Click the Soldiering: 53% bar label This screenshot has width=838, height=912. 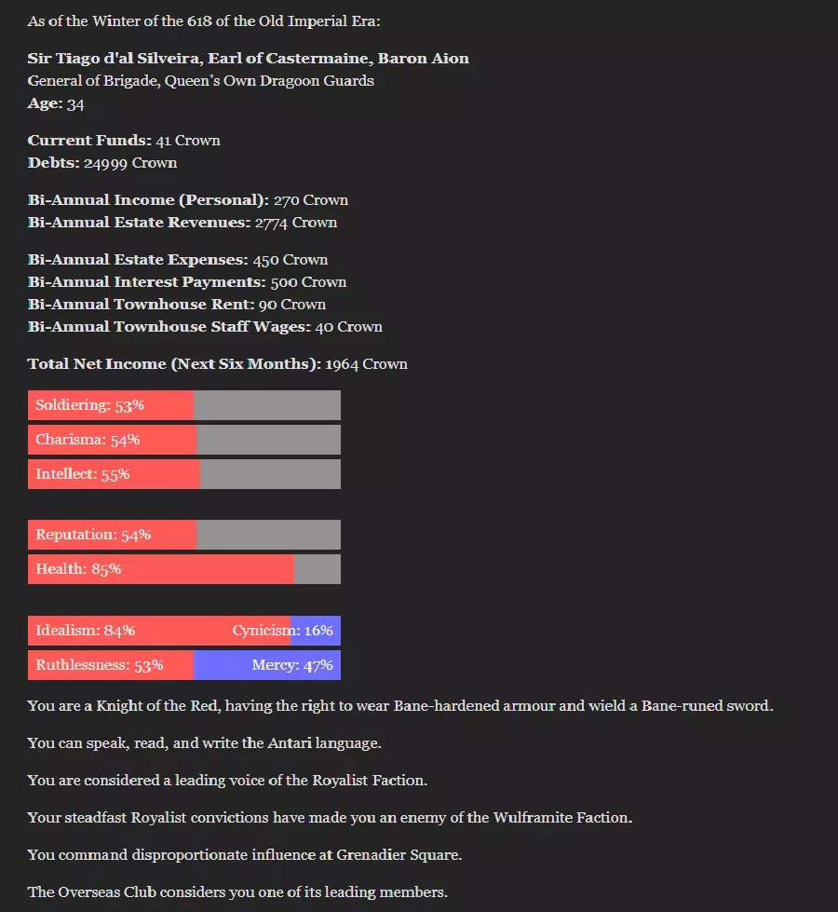(89, 405)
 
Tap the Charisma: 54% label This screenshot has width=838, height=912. (88, 440)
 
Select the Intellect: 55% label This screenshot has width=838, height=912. (83, 474)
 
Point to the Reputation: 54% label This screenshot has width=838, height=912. (93, 535)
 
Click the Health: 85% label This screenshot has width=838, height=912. (78, 569)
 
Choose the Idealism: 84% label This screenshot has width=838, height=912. (86, 631)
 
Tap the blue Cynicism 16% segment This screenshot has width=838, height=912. (316, 631)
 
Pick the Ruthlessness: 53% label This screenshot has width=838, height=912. (100, 665)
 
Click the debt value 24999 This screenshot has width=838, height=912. (105, 163)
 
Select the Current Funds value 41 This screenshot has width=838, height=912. (164, 141)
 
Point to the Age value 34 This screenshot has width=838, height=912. (75, 103)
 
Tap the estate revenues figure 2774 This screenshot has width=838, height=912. (272, 223)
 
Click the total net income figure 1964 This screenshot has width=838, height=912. (342, 364)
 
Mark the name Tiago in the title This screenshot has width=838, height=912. (77, 59)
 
